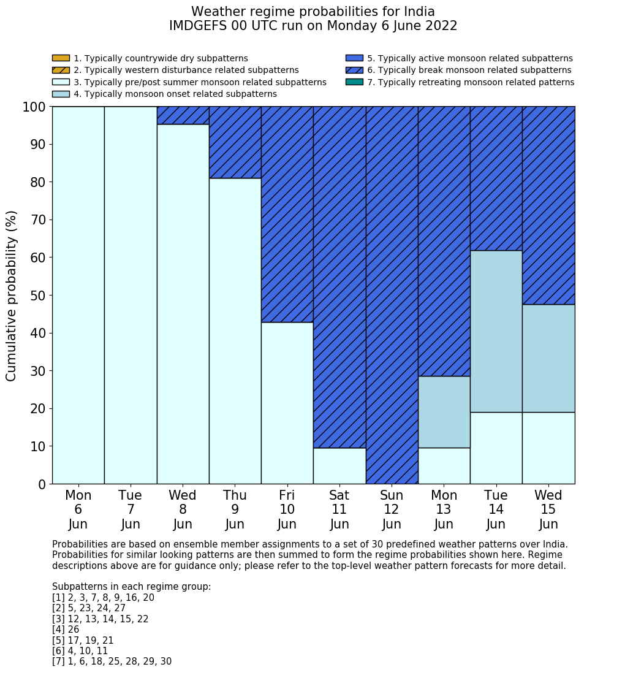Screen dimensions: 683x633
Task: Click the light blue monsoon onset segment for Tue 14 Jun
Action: [x=496, y=331]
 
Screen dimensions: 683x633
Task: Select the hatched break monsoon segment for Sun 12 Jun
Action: [x=392, y=295]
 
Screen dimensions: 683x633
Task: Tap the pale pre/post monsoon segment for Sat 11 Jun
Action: [x=339, y=466]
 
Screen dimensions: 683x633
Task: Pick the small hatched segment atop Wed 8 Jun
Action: [x=183, y=115]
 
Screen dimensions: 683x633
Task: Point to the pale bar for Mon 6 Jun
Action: [x=78, y=295]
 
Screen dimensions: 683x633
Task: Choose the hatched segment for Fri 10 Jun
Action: [x=287, y=214]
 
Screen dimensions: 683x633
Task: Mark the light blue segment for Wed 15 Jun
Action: [x=548, y=358]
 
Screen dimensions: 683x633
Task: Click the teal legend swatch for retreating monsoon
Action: [x=354, y=82]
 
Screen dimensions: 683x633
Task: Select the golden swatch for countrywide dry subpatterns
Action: [x=61, y=58]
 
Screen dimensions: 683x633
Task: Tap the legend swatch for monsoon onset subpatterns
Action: [x=61, y=94]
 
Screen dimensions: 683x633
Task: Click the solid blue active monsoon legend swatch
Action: [x=354, y=58]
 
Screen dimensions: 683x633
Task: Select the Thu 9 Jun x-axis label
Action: [x=235, y=509]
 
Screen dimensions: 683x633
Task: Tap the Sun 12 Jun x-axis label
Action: [x=392, y=509]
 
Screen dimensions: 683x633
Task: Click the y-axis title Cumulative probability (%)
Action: [x=12, y=296]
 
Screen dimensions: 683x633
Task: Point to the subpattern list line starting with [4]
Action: [x=66, y=630]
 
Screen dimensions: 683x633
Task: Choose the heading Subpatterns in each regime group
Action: [x=131, y=587]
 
